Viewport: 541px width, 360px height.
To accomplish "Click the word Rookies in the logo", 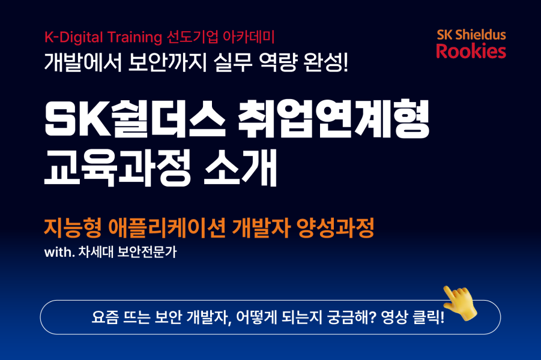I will tap(471, 51).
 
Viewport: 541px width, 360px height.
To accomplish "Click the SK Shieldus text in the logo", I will tap(471, 34).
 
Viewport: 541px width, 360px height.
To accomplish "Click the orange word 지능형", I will tap(72, 228).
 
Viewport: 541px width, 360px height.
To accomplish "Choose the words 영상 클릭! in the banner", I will tap(414, 317).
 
